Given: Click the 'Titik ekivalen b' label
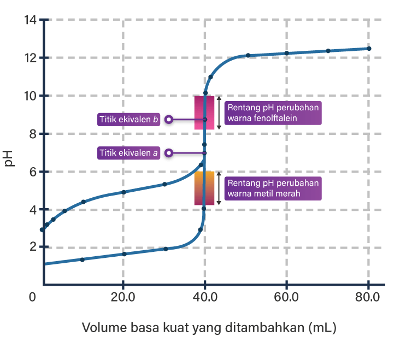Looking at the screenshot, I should point(129,119).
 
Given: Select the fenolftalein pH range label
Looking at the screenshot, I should point(273,113).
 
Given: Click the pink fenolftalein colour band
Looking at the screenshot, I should point(204,113).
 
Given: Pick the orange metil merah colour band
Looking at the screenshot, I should point(204,188).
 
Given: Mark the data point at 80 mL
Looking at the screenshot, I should point(369,49).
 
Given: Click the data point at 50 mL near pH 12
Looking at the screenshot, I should point(248,55).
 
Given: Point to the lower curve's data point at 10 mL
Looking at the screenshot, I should point(83,259).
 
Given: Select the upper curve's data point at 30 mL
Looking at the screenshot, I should point(164,184).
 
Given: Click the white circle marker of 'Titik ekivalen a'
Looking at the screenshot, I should point(169,153).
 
